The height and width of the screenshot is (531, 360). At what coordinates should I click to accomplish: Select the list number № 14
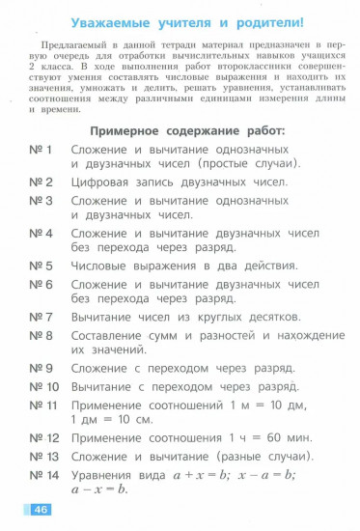tap(44, 474)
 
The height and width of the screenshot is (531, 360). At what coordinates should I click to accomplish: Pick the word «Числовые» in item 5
tap(105, 265)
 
